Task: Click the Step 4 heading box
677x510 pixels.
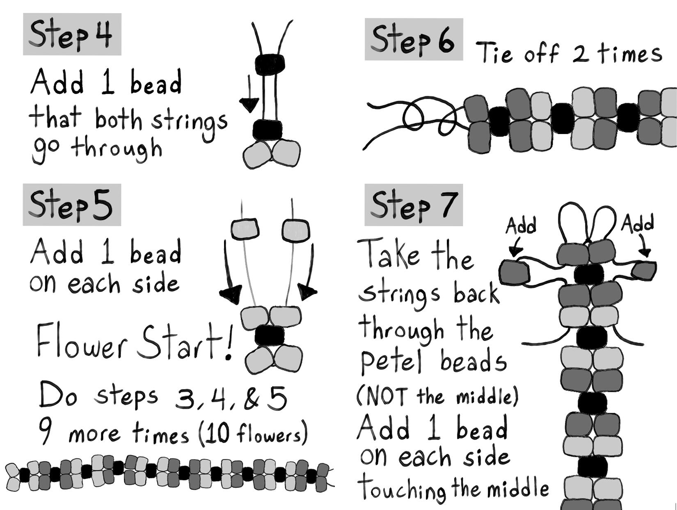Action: tap(72, 34)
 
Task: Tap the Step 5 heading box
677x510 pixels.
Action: tap(72, 205)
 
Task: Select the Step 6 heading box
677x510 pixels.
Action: tap(414, 39)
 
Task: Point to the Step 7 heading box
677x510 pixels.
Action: tap(414, 205)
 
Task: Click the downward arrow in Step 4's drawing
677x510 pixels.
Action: tap(249, 92)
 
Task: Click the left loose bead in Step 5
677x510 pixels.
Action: tap(245, 229)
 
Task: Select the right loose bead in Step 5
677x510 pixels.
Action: tap(295, 230)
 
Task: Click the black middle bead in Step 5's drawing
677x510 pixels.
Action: tap(270, 335)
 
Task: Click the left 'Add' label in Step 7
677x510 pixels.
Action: tap(521, 225)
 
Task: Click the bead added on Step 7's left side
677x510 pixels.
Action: tap(514, 272)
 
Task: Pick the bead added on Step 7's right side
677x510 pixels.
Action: tap(644, 271)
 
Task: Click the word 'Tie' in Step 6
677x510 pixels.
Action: tap(495, 53)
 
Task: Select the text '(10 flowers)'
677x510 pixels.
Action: tap(253, 434)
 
